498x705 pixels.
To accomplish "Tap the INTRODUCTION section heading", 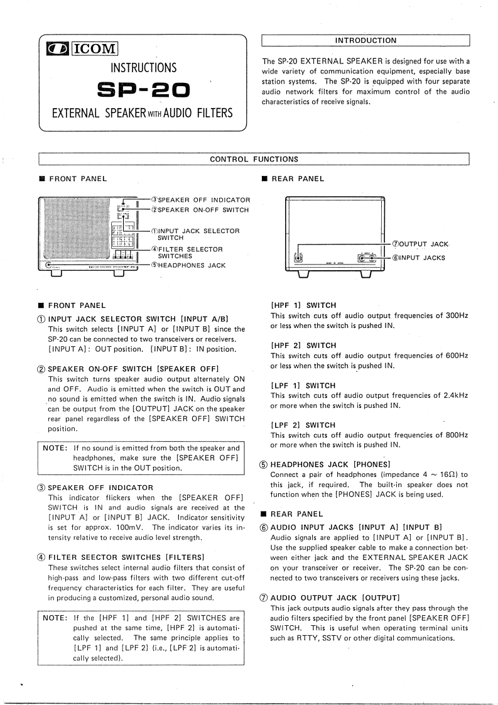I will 365,40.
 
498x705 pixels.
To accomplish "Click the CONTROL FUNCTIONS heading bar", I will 254,159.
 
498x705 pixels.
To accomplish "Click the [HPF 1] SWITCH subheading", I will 303,305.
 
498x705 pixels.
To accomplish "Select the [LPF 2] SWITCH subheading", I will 303,425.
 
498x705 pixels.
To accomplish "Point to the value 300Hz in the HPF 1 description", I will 455,315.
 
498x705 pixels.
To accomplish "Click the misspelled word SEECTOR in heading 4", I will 94,557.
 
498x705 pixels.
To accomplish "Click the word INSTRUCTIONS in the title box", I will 143,68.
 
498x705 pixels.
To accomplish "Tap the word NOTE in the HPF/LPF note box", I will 55,618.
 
